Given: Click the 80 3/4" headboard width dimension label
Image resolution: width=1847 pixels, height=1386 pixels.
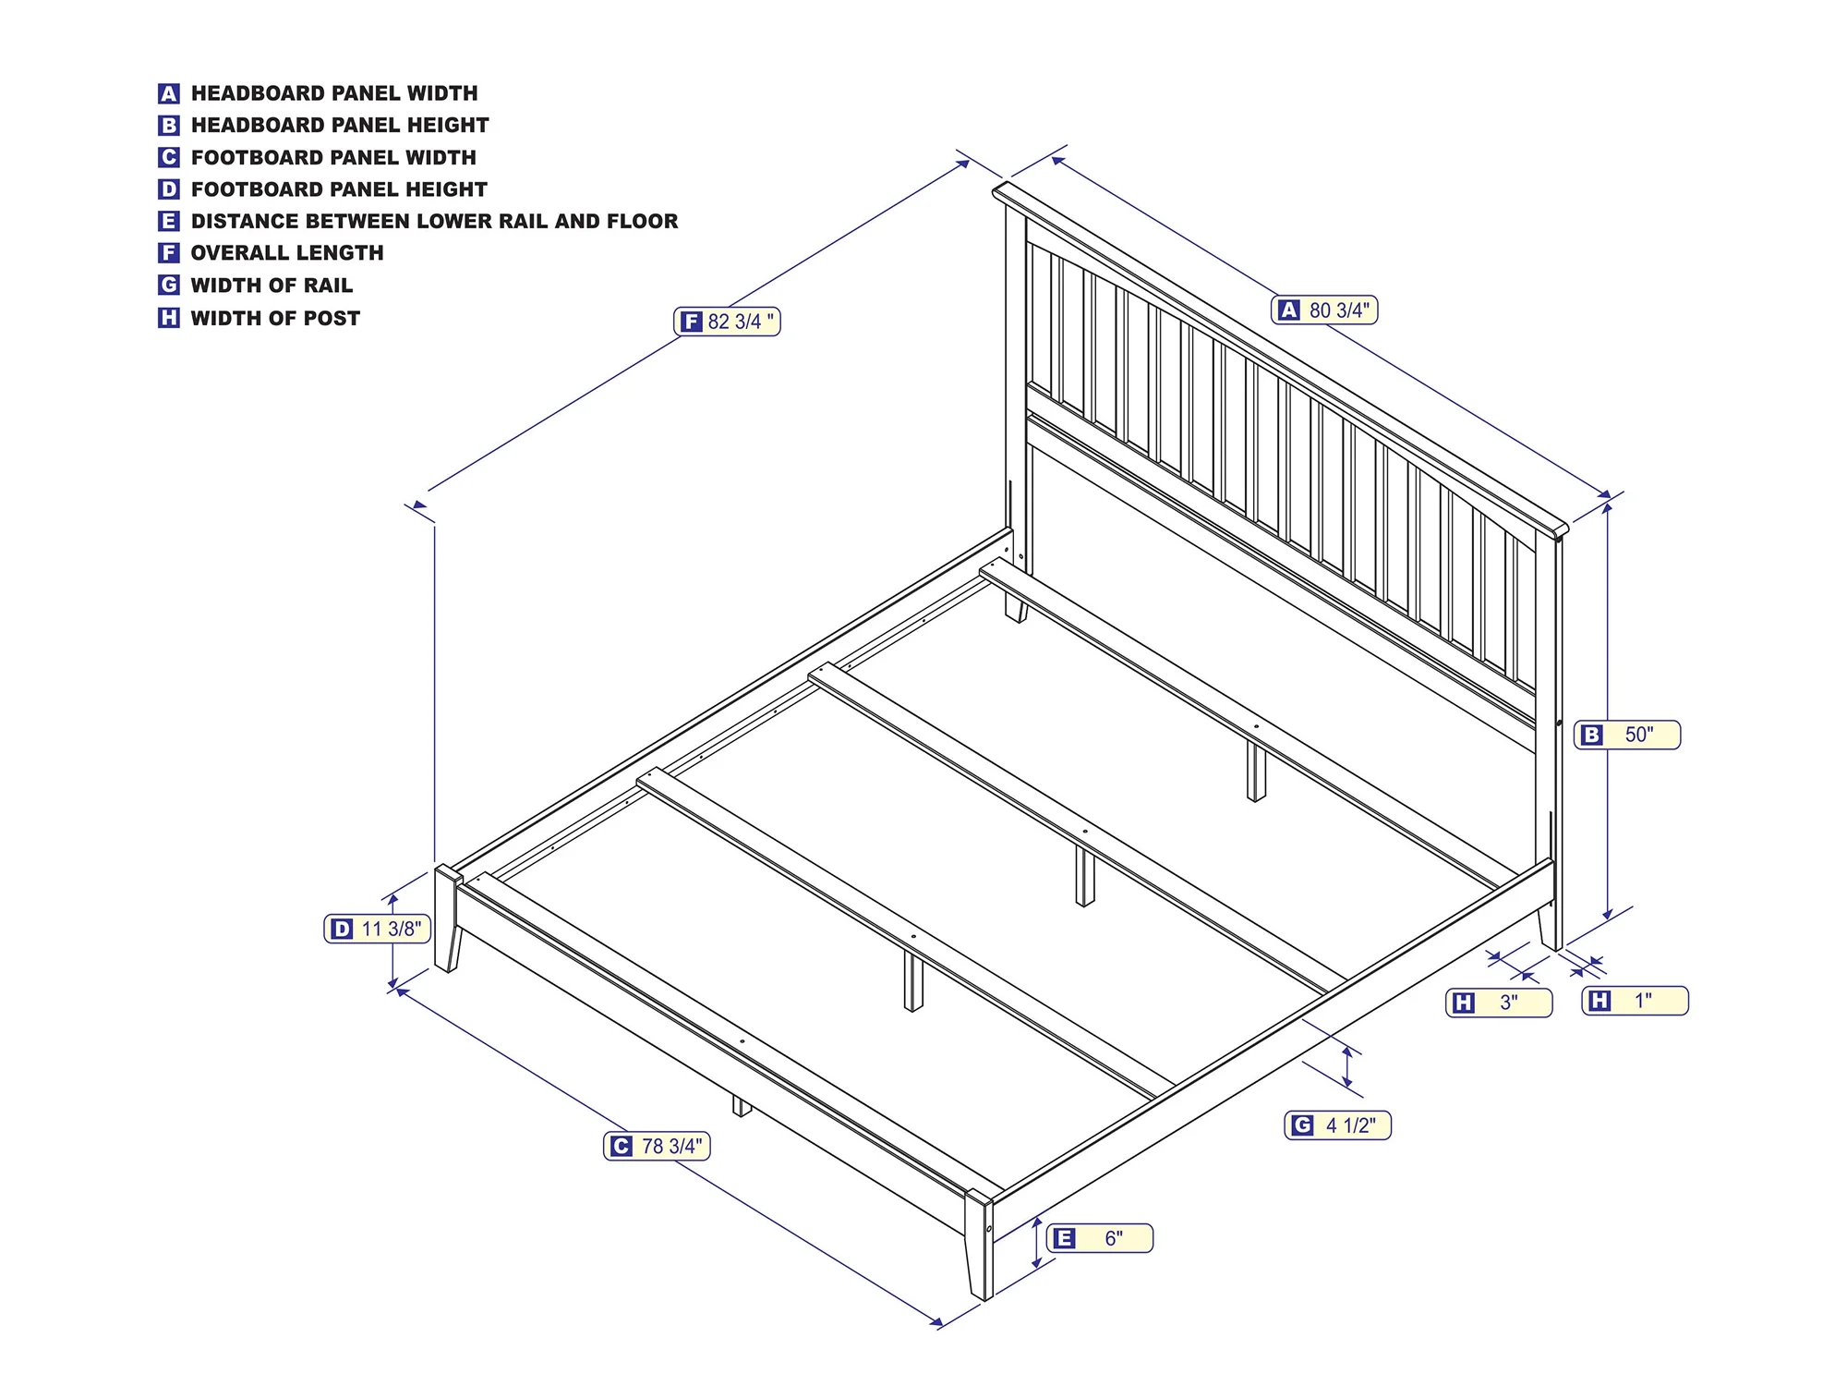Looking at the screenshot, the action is coord(1324,310).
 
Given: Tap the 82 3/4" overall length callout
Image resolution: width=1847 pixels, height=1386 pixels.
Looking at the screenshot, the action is coord(727,322).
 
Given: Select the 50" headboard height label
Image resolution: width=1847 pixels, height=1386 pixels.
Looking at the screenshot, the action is coord(1627,735).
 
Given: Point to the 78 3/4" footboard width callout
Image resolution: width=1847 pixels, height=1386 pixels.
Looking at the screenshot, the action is coord(657,1146).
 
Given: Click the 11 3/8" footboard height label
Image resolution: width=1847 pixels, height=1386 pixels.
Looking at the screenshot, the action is coord(378,929).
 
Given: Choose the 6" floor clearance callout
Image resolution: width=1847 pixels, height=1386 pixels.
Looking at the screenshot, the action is coord(1100,1238).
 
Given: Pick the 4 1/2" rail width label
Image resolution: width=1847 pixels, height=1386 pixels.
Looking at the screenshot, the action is coord(1337,1125).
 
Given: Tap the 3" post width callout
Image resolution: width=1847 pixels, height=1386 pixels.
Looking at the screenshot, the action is coord(1499,1003).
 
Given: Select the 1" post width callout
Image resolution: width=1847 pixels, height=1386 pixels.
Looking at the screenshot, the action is coord(1635,1001).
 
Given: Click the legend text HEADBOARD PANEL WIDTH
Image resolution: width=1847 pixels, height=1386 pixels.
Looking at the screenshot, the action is coord(334,93).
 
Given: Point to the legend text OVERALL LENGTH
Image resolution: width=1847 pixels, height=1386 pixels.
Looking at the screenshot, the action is coord(287,253).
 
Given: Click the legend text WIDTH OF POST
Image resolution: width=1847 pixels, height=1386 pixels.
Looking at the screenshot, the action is coord(275,318).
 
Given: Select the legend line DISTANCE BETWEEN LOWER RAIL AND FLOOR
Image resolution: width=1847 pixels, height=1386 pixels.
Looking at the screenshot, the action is coord(434,221).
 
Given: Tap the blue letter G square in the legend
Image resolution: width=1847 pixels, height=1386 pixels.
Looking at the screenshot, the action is coord(168,286).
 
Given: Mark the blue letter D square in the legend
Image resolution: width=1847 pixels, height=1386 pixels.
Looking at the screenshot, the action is coord(168,189).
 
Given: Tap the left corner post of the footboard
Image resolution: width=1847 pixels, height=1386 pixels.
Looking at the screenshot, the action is coord(448,918).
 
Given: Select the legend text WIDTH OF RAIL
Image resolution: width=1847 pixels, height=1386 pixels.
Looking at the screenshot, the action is coord(272,286).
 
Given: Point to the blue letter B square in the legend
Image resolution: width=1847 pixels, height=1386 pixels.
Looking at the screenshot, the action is coord(168,126).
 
